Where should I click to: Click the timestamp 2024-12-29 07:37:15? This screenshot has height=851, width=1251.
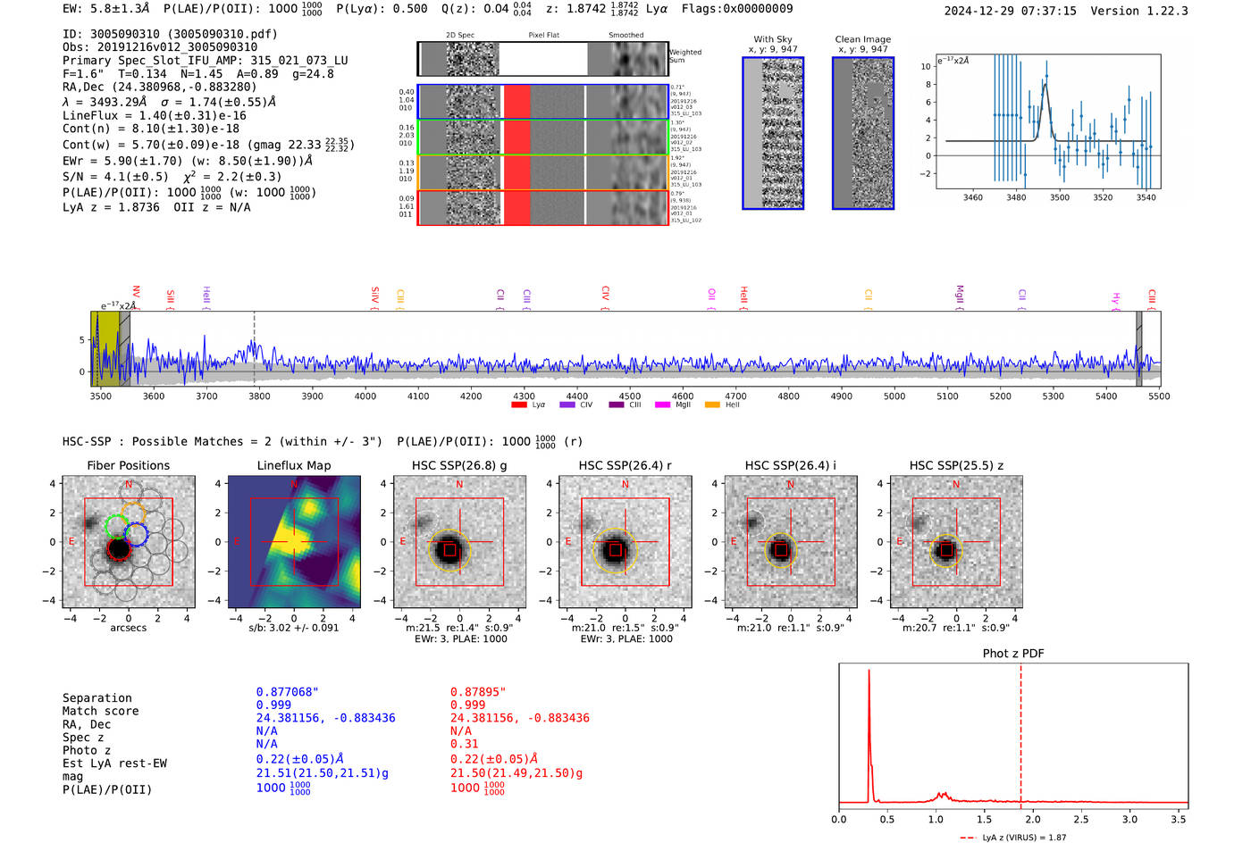point(1010,12)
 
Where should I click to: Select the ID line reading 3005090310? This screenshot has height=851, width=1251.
point(170,34)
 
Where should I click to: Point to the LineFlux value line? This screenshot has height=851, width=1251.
point(154,115)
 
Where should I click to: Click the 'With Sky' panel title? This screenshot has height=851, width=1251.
point(772,39)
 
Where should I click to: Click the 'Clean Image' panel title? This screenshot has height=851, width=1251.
point(862,39)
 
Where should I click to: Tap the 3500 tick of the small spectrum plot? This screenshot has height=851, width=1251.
point(1060,197)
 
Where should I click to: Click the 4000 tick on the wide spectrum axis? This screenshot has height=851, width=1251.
point(365,396)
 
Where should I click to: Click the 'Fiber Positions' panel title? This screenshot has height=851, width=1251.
point(128,465)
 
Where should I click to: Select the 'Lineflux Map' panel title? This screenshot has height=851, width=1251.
point(293,465)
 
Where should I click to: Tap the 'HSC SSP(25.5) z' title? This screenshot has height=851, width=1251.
point(956,465)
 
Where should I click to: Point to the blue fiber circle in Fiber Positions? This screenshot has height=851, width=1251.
point(136,534)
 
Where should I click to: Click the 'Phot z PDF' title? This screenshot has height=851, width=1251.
point(1012,654)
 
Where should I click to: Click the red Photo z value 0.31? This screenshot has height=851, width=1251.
point(464,744)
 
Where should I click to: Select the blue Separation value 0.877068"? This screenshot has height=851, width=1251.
point(287,692)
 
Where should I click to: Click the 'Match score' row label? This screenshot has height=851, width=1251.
point(100,712)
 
